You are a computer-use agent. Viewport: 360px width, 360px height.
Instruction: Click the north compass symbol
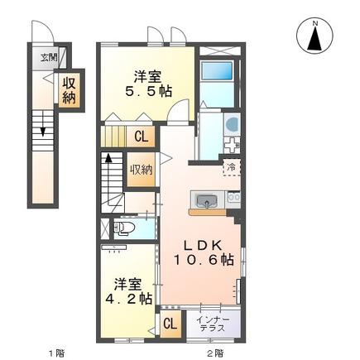tap(314, 36)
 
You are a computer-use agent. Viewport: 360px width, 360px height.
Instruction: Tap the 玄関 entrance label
tap(49, 58)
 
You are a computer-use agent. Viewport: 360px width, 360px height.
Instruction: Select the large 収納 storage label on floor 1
tap(69, 90)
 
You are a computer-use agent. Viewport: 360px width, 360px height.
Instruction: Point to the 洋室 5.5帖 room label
tap(148, 84)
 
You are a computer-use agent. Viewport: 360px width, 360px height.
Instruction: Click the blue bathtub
tap(216, 71)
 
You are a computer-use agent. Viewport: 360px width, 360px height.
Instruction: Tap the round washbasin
tap(233, 123)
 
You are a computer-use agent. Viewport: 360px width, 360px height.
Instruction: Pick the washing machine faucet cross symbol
tap(232, 144)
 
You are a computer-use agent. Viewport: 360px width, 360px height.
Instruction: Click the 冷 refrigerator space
tap(231, 166)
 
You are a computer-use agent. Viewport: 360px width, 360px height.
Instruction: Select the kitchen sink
tap(207, 200)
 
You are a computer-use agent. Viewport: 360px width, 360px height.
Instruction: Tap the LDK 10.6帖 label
tap(204, 252)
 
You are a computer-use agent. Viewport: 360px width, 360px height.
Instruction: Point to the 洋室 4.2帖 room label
tap(129, 291)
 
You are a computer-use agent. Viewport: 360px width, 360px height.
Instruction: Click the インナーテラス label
tap(213, 324)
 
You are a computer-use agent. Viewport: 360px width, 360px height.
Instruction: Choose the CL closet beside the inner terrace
tap(170, 324)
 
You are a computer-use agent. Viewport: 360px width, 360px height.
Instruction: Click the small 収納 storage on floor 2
tap(142, 170)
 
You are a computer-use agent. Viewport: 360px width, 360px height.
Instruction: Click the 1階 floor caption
tap(56, 353)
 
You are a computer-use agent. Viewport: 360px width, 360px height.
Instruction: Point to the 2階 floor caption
tap(215, 353)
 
